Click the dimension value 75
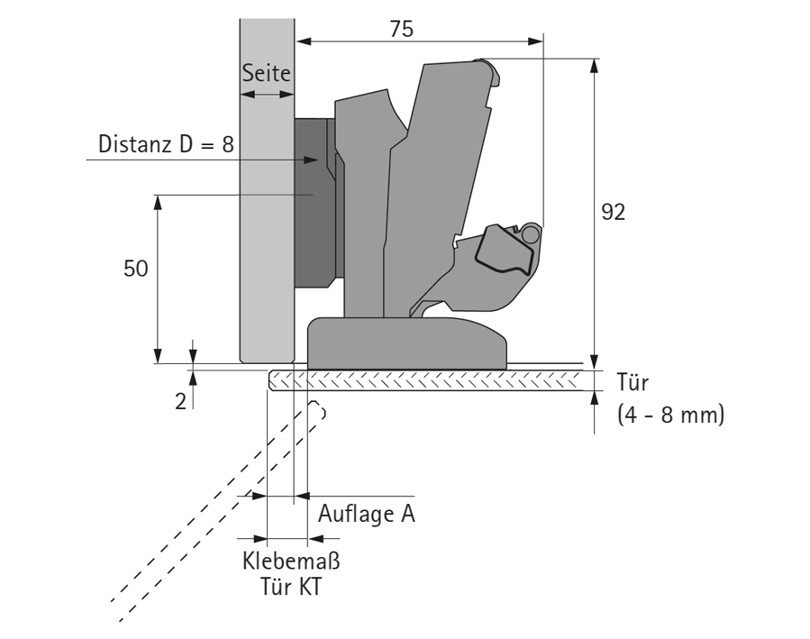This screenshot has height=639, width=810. tap(401, 28)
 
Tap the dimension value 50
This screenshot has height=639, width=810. tap(136, 271)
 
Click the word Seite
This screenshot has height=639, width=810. tap(267, 77)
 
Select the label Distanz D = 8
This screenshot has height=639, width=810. tap(164, 144)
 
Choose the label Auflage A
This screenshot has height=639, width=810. tap(366, 515)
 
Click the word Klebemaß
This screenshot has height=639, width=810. tap(291, 561)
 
